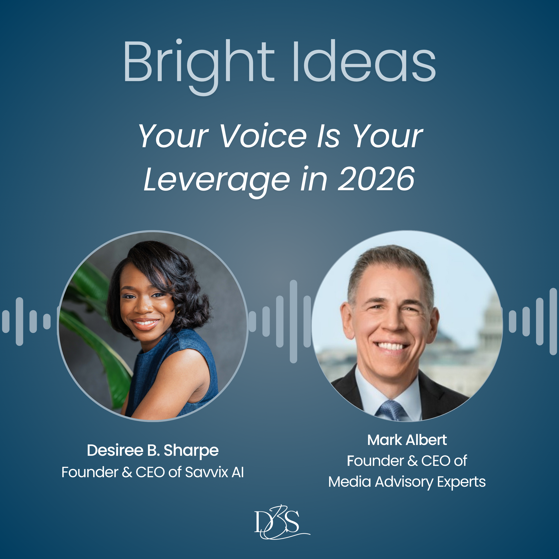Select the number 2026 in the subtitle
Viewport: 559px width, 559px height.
(x=376, y=179)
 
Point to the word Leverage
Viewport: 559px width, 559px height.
(x=216, y=181)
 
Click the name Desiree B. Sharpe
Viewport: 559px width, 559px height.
(x=153, y=451)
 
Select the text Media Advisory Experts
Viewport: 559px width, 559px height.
(x=407, y=482)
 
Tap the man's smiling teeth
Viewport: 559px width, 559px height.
(x=391, y=346)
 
